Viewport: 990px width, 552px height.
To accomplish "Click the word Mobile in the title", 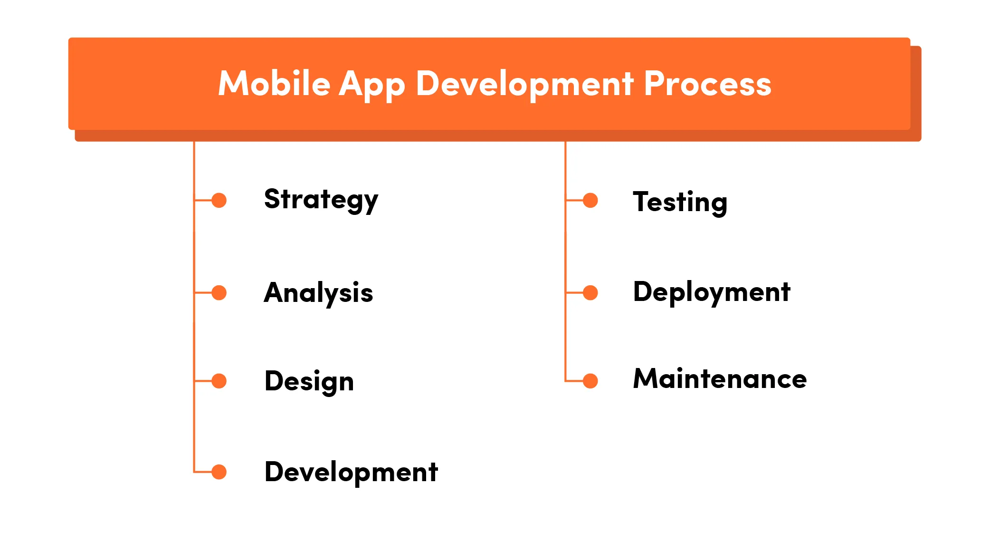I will pos(274,84).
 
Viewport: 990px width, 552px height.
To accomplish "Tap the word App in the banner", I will pos(371,85).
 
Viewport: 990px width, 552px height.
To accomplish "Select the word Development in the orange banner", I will pos(524,84).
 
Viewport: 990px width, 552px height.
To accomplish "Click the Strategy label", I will pos(321,199).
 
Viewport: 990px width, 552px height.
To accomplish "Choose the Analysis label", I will pos(318,292).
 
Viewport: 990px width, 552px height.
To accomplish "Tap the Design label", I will pos(309,381).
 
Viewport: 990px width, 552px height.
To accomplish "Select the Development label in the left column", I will pos(351,472).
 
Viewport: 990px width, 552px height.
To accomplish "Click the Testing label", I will pos(680,202).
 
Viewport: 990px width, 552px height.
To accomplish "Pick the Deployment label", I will pos(711,292).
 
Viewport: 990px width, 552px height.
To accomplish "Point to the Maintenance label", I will pos(720,379).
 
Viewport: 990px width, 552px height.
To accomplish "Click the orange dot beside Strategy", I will pos(219,200).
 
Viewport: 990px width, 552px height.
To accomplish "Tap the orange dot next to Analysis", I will pos(219,292).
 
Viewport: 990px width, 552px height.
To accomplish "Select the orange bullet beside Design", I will pos(219,381).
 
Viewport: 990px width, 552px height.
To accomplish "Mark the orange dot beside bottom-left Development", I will pos(219,472).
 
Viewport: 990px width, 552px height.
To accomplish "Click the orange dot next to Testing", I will pos(590,200).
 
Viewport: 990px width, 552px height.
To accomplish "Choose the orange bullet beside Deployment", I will pos(590,292).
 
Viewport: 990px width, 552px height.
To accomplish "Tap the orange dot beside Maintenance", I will pos(590,381).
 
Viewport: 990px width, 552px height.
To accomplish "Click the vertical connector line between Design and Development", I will pos(194,426).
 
